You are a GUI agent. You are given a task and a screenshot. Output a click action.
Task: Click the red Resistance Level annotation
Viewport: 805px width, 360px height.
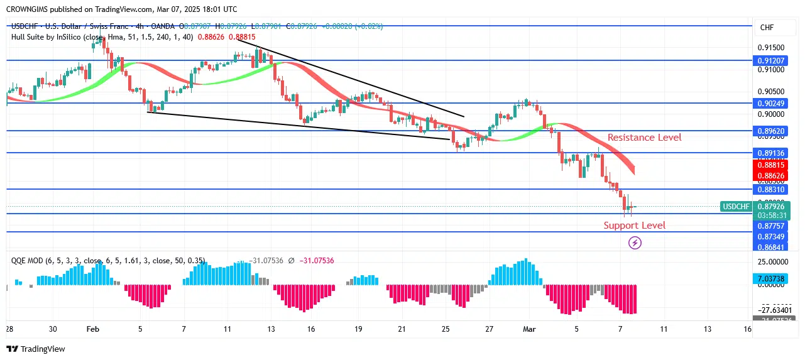[x=644, y=137]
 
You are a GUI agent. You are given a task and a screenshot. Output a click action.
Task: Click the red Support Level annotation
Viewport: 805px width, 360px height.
[x=634, y=225]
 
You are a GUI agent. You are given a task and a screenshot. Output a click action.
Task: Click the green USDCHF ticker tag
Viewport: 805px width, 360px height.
[x=735, y=206]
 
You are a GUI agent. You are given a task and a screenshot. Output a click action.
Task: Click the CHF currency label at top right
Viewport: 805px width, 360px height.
[x=767, y=28]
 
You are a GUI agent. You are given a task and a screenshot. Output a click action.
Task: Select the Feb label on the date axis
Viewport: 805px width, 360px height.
[x=93, y=329]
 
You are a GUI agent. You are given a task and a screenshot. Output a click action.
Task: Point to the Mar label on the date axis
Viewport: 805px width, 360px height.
[x=528, y=329]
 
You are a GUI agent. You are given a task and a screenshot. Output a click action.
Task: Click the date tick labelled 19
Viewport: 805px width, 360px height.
[x=358, y=329]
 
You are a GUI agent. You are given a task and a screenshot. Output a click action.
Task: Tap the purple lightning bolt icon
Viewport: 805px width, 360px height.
[x=635, y=243]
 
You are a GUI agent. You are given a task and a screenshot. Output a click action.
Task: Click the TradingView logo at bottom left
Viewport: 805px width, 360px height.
[x=36, y=349]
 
